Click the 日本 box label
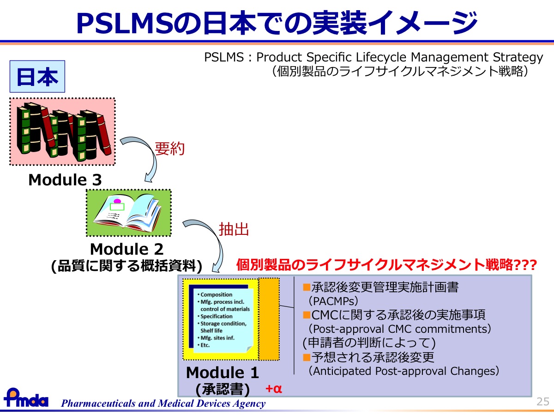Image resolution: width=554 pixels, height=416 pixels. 37,77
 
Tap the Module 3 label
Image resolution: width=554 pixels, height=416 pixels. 65,180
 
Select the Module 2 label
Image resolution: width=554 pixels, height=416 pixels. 126,249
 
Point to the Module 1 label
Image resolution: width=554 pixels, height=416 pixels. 223,373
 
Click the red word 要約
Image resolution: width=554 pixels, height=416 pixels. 169,148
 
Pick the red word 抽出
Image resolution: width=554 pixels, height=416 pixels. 234,229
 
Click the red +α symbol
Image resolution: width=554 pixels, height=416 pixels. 274,388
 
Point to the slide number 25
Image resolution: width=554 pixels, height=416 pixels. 543,402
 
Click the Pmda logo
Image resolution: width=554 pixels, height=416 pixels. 26,398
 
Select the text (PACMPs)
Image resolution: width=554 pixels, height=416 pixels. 333,301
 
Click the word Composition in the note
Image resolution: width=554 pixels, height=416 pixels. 217,294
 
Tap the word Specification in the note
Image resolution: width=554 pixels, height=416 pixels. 217,316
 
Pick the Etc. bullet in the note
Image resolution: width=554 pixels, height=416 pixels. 204,345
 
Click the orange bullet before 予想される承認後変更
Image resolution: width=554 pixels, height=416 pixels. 307,357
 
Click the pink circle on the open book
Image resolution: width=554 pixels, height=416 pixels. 117,202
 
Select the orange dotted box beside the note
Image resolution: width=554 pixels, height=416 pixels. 269,319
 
